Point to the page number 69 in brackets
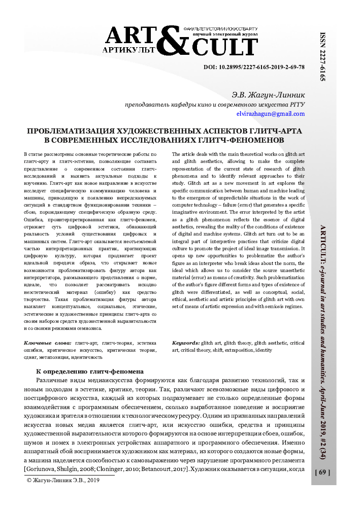(x=323, y=472)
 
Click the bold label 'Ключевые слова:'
(x=48, y=344)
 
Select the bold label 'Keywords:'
(x=186, y=344)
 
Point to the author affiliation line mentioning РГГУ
(x=215, y=105)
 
